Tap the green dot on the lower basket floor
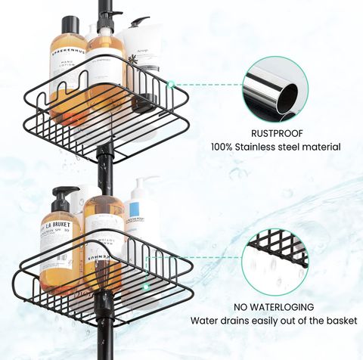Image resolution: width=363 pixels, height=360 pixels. click(146, 287)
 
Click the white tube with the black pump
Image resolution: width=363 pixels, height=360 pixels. click(140, 61)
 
